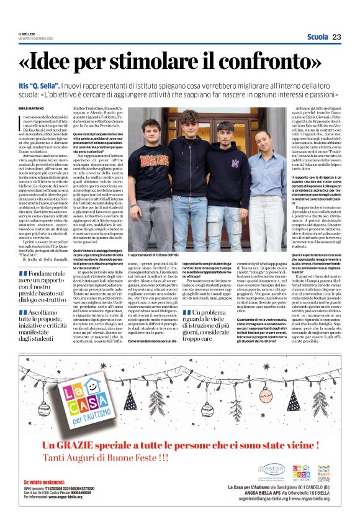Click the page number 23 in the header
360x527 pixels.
pos(336,37)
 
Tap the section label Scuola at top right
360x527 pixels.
pos(317,37)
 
